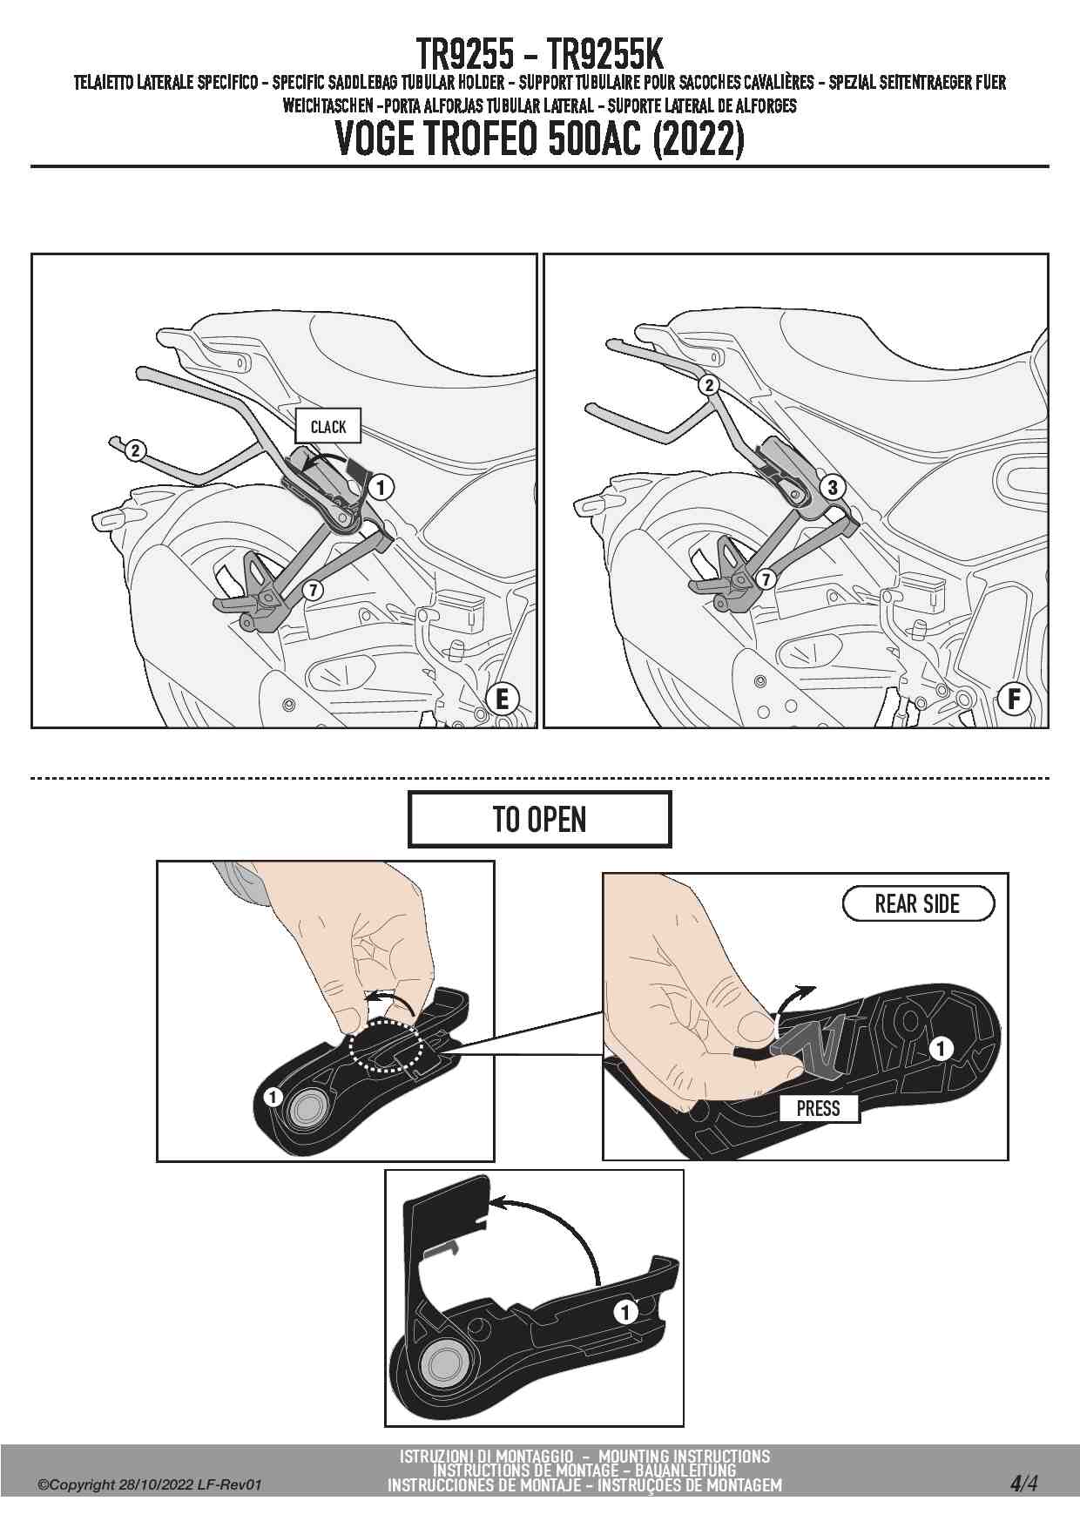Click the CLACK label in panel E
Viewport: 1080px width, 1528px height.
point(327,426)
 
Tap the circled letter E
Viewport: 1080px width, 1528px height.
point(502,699)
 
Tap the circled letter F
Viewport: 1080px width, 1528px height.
point(1014,699)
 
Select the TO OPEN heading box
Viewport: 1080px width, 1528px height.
point(540,819)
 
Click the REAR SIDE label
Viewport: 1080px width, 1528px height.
point(918,903)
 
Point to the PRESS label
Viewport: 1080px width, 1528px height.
point(819,1108)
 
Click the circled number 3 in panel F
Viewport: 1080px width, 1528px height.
point(833,487)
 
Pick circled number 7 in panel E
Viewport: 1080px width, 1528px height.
point(313,591)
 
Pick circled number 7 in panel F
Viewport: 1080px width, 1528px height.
point(766,578)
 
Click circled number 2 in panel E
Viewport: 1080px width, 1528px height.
point(135,450)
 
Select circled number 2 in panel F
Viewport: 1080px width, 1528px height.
point(710,385)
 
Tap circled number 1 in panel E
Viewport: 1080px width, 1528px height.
point(381,487)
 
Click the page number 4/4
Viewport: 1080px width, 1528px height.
point(1023,1483)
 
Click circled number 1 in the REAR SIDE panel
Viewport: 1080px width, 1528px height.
point(941,1048)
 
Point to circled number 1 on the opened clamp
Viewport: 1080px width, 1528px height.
point(625,1311)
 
